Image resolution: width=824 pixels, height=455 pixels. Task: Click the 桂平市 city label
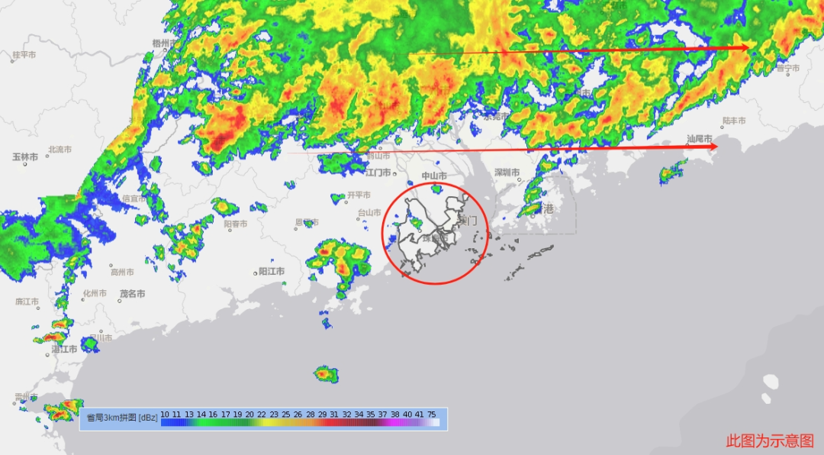[x=24, y=55]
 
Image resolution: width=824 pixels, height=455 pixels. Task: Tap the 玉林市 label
[x=24, y=157]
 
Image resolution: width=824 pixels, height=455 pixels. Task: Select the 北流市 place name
[x=60, y=150]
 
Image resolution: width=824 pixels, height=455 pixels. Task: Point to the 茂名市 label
[x=132, y=293]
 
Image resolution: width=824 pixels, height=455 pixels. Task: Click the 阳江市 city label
[x=272, y=271]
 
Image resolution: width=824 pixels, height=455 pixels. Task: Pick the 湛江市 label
[x=64, y=349]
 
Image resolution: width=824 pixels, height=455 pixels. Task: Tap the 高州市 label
[x=122, y=272]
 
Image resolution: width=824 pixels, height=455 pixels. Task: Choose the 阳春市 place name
[x=236, y=224]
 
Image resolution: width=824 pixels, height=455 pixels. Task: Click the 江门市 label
[x=378, y=173]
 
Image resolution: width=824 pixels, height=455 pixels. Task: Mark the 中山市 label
[x=434, y=176]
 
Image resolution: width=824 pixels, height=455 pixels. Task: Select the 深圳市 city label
[x=507, y=173]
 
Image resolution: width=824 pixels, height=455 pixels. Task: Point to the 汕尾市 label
[x=700, y=139]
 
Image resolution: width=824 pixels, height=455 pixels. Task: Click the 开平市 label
[x=359, y=195]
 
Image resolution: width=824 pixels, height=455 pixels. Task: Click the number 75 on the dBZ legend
[x=432, y=414]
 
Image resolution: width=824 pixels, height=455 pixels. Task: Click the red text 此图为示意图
[x=770, y=440]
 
